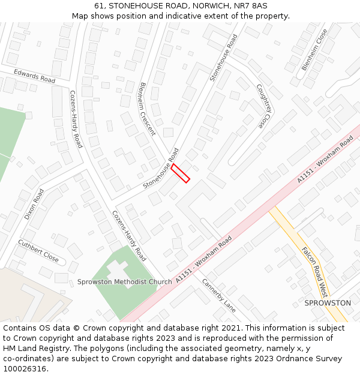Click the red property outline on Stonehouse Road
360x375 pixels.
coord(181,173)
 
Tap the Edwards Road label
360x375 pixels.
coord(34,76)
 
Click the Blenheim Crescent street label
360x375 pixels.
coord(148,109)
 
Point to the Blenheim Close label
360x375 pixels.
coord(315,50)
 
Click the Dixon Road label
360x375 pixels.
coord(34,205)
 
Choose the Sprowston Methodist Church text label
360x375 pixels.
coord(124,282)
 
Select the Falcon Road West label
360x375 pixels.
coord(314,272)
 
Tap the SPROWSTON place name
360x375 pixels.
coord(328,303)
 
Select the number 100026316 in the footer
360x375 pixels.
coord(26,368)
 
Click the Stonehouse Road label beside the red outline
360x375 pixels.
coord(161,169)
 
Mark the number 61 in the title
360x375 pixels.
coord(98,5)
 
